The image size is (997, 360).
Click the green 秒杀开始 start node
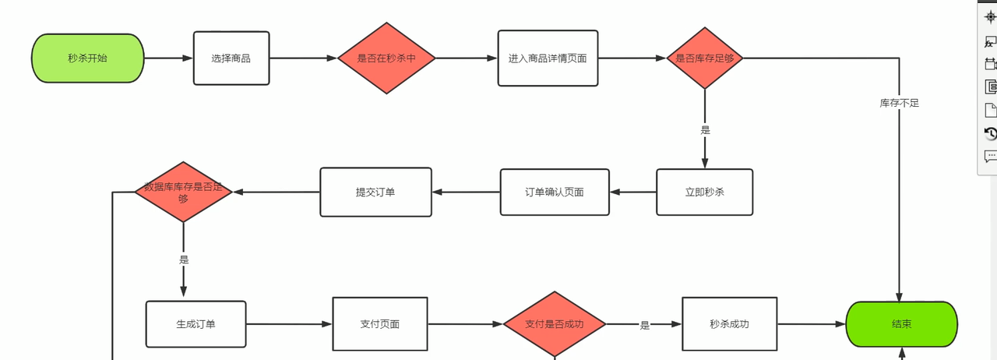[88, 58]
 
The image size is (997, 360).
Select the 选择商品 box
[231, 58]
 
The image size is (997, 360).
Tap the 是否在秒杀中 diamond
[386, 58]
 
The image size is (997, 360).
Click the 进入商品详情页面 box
[548, 58]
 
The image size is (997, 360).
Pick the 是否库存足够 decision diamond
[705, 58]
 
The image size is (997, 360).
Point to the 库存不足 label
[900, 103]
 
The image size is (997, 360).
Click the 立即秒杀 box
[705, 192]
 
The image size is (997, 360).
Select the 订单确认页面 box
[555, 192]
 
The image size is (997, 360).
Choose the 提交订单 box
[375, 192]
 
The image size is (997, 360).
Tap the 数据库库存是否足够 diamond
[183, 192]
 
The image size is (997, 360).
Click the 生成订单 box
[196, 324]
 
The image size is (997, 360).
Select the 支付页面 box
[380, 324]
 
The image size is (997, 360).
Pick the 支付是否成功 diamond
[555, 324]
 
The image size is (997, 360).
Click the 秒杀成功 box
[729, 324]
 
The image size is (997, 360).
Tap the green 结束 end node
[901, 324]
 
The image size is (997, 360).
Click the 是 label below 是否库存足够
[706, 130]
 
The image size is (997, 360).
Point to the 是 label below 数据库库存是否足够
[184, 259]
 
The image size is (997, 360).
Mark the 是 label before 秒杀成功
[645, 325]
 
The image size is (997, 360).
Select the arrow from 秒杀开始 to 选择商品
[168, 58]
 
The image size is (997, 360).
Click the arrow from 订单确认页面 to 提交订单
[466, 192]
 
